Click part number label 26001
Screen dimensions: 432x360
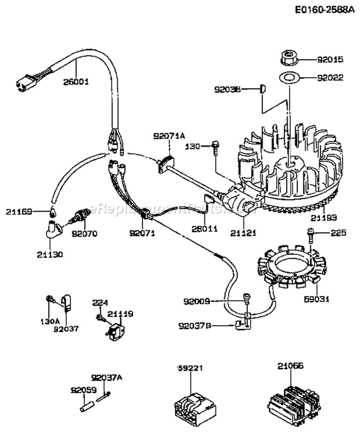click(76, 82)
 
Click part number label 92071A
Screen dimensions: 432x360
click(169, 136)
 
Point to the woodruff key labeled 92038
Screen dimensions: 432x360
click(263, 88)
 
